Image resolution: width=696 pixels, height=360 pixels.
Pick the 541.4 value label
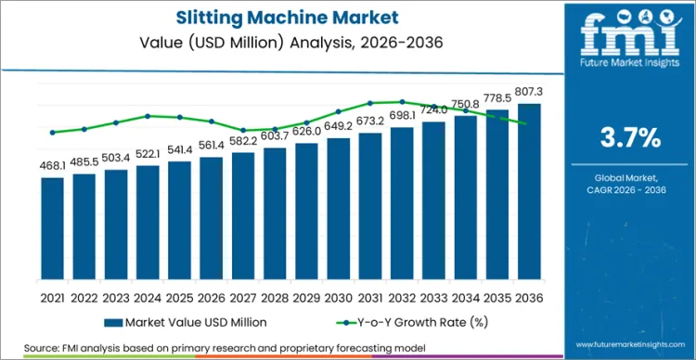180,149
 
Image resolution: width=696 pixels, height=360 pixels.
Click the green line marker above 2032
402,102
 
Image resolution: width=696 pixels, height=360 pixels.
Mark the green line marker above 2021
53,133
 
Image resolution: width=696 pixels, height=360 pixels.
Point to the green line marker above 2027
243,131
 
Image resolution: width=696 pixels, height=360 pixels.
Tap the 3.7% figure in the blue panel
631,139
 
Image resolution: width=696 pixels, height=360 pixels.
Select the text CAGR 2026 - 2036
631,189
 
